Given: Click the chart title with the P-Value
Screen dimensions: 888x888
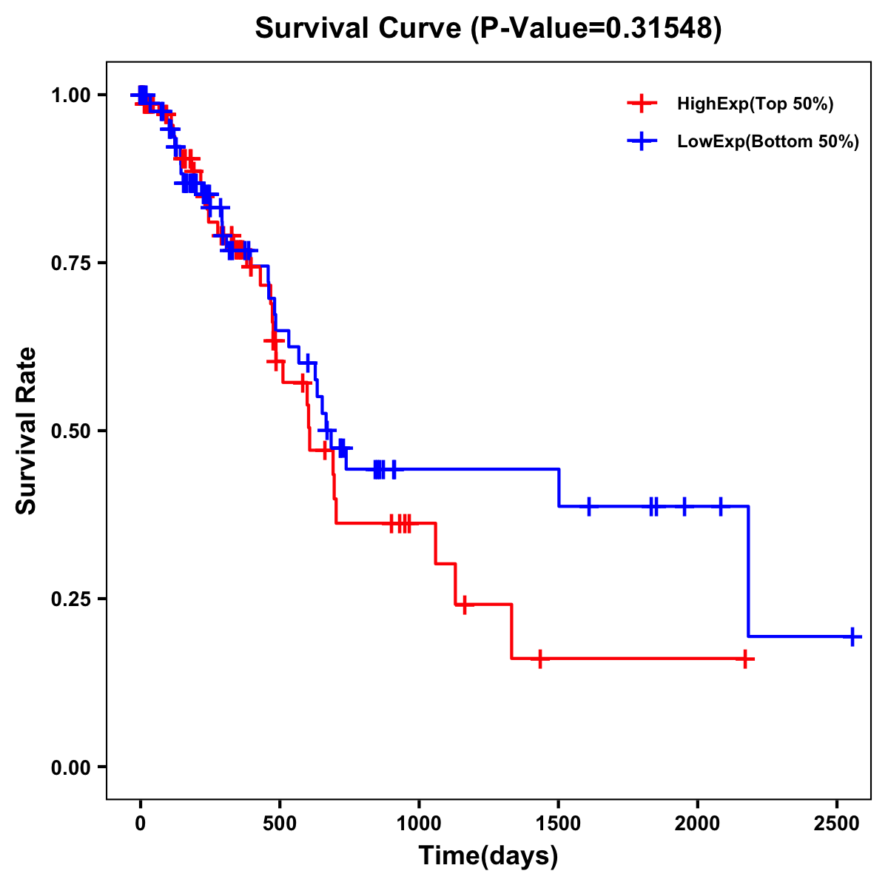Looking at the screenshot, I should pos(488,29).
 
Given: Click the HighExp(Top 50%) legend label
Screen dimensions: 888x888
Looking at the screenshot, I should pos(755,104).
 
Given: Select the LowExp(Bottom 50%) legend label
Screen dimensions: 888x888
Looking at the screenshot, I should pos(768,142).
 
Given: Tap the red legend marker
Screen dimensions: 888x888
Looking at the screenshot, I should pos(642,104).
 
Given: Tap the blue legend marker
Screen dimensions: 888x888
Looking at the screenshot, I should pos(642,141).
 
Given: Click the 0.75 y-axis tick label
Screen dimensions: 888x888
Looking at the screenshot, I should pos(72,263).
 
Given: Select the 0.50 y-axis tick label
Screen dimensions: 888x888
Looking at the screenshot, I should pos(72,431).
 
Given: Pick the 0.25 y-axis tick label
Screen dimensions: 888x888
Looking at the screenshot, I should pos(72,599).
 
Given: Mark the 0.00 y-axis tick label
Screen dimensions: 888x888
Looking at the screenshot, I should pos(72,767).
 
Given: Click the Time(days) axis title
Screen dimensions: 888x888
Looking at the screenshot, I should pos(488,856).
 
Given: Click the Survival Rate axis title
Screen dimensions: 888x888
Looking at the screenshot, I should pos(27,431).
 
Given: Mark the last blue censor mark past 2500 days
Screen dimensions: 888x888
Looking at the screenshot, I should pos(852,636).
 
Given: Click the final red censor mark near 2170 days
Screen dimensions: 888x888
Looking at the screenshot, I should pos(745,659).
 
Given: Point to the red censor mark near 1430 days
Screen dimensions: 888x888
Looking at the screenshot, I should pos(540,659).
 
